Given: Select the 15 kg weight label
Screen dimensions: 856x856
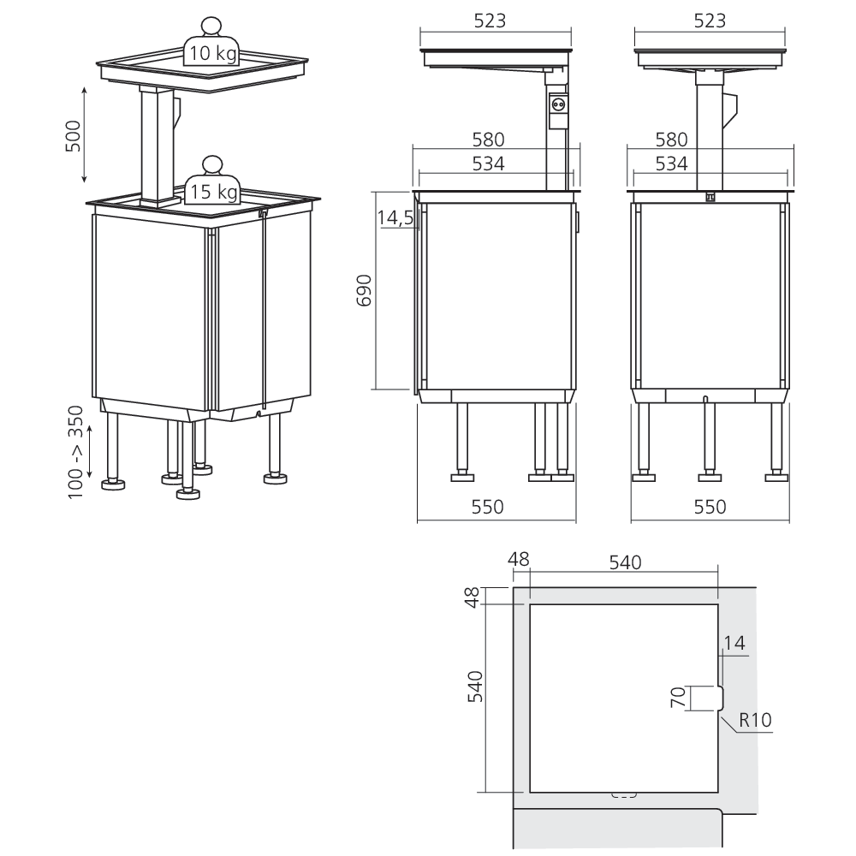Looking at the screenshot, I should click(213, 192).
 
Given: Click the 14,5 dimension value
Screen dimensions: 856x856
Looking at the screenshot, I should click(395, 218).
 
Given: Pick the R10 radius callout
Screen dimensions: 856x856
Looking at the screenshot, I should click(755, 720).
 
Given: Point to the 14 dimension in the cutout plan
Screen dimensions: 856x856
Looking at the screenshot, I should click(734, 641).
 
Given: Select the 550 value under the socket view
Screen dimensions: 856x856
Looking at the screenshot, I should click(487, 507).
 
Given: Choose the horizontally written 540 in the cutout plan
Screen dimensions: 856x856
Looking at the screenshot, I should click(624, 562).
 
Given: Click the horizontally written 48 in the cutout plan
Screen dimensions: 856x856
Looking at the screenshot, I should click(519, 560).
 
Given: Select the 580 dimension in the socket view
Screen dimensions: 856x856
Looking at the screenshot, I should click(487, 139).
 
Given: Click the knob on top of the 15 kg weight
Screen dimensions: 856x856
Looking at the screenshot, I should click(211, 164).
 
